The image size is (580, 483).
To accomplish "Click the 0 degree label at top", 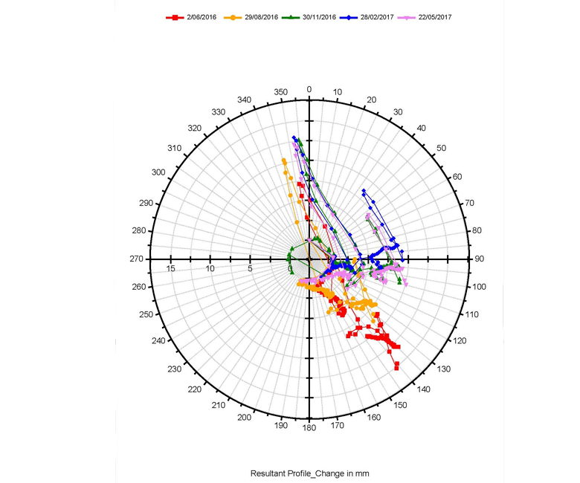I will click(309, 90).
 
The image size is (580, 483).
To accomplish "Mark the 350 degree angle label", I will click(280, 92).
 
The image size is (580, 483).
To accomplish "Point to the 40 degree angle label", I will click(422, 129).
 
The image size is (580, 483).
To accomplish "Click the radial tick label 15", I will click(171, 268).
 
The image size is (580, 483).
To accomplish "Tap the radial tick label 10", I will click(210, 268).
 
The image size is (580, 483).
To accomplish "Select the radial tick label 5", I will click(250, 268).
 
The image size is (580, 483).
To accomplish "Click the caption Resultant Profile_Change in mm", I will click(309, 473).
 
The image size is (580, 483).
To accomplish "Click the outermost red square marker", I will click(396, 366).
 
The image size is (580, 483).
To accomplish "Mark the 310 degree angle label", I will click(175, 149).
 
